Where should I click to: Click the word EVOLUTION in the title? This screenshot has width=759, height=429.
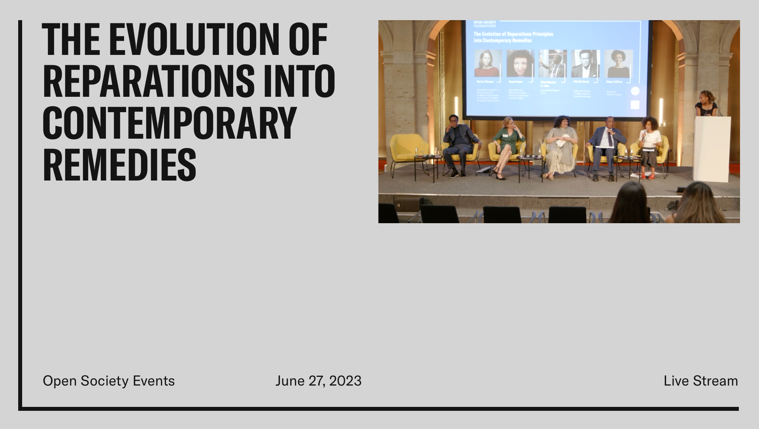pos(194,40)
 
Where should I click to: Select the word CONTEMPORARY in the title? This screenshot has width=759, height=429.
pos(170,123)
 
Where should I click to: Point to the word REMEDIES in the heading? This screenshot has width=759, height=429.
pos(119,165)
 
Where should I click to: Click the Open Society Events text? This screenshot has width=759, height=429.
pos(109,381)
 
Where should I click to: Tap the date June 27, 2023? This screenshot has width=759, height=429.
pos(318,381)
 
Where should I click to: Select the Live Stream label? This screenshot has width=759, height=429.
pos(700,381)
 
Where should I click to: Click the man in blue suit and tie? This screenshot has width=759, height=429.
pos(606,144)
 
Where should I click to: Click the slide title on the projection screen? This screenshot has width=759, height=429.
pos(513,37)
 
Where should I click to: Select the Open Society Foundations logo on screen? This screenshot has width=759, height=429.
pos(484,24)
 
